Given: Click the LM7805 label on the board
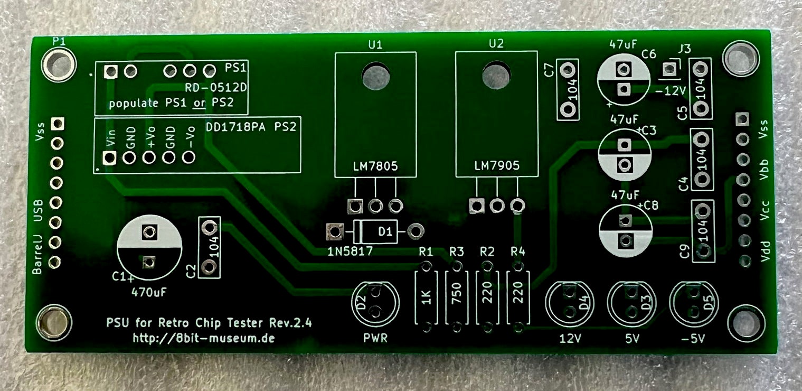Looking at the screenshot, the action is coord(375,166).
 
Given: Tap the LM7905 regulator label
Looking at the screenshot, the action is coord(497,165).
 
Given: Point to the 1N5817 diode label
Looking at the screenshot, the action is coord(350,252).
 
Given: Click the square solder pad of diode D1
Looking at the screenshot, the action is coord(335,231).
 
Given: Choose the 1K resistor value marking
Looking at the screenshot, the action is coord(426,297).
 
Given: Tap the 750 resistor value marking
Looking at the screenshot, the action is coord(457,294).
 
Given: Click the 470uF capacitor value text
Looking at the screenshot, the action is coord(149,292).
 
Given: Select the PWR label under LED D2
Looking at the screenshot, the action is coord(375,338).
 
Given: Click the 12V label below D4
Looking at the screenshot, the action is coord(570,338).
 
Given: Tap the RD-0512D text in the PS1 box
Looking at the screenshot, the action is coord(216,87).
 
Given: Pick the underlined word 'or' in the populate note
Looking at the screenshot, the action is coord(200,103).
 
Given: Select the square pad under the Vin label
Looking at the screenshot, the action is coord(109,157).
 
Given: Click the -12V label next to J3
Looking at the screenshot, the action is coord(670,91).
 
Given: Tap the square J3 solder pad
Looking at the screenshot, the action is coord(668,69).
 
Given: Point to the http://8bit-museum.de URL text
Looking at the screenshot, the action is coord(203,338).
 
